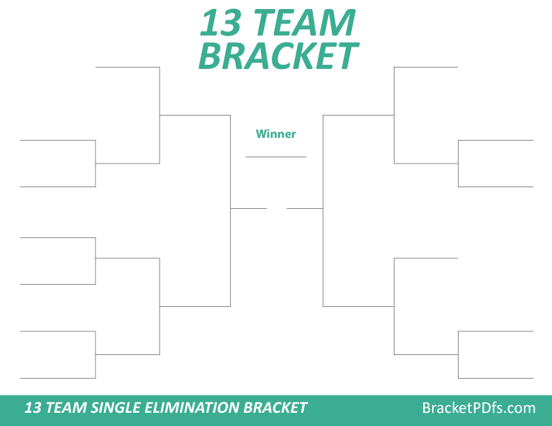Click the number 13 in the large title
[222, 24]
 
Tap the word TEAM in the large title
[303, 24]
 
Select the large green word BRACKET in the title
[278, 56]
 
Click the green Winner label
[276, 134]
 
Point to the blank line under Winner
[276, 157]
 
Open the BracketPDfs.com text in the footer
[479, 408]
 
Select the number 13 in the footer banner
[33, 408]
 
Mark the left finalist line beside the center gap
[249, 208]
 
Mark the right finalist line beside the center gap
[305, 208]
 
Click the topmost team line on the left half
[128, 68]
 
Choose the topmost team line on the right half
[426, 68]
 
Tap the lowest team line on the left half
[58, 378]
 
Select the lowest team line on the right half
[496, 378]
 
